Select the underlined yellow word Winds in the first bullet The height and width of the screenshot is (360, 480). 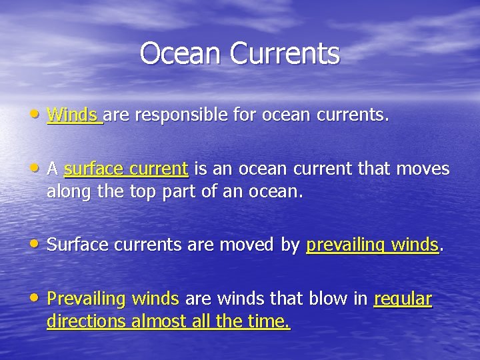73,115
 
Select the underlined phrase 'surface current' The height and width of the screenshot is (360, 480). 126,169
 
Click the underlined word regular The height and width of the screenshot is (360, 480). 403,299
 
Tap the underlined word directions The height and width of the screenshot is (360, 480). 87,323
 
